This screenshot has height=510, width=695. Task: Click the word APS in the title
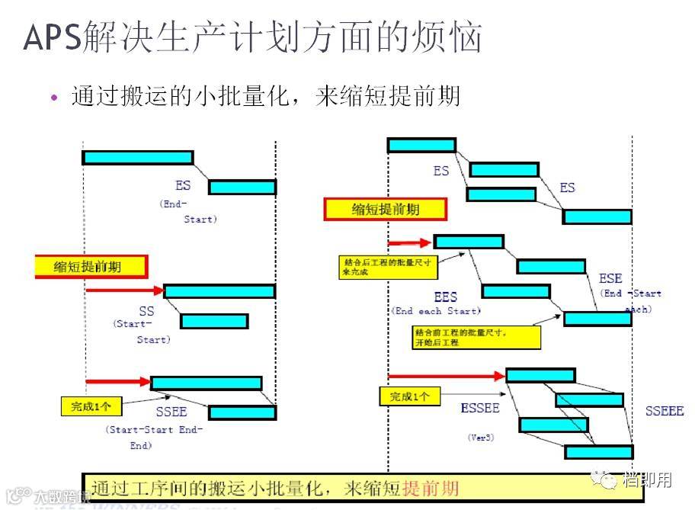[52, 37]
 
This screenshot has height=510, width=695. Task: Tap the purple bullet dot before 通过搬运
[53, 98]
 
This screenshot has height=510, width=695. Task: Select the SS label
[146, 311]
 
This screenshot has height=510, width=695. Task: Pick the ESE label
[610, 278]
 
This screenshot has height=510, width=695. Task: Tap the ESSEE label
[480, 408]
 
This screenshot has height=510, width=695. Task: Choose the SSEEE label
[665, 411]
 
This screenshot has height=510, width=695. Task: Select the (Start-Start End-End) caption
[155, 437]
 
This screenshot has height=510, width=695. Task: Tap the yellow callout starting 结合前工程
[476, 336]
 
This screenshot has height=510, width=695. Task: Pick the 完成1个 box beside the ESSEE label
[409, 396]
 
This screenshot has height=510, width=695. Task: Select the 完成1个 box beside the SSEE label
[91, 406]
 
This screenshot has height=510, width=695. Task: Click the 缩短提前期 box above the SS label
[90, 266]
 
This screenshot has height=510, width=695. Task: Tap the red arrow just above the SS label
[124, 290]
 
